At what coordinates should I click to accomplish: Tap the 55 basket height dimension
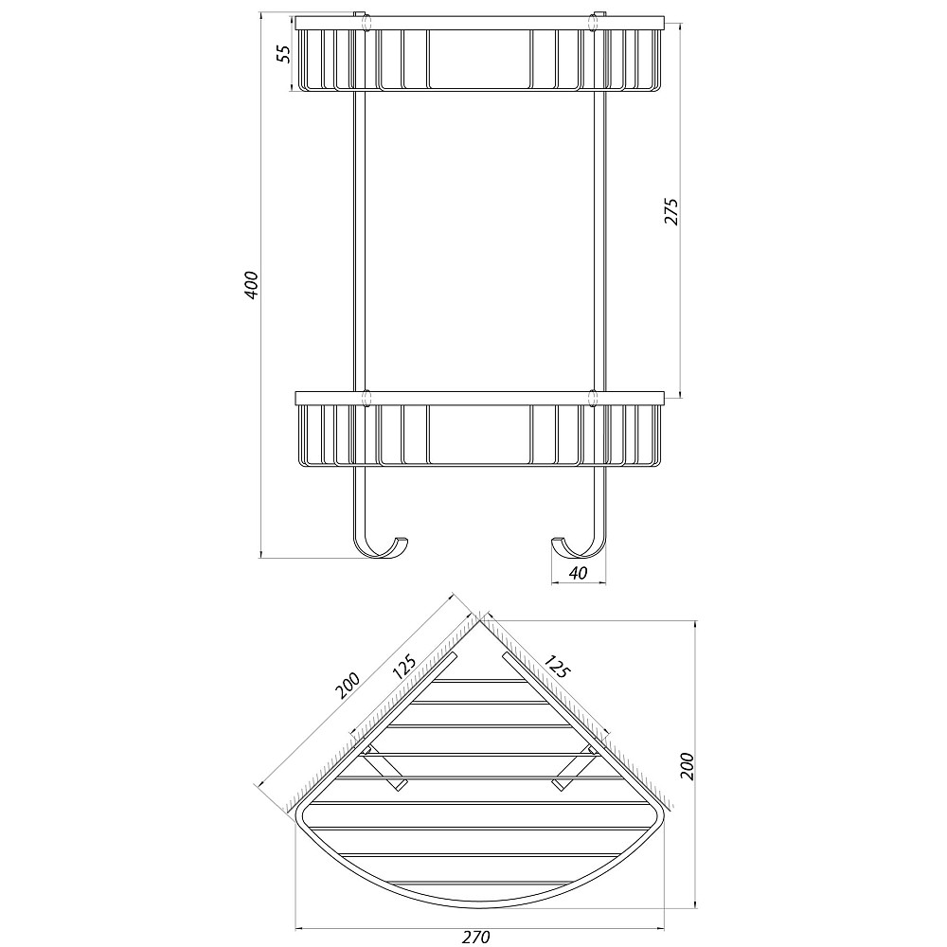[285, 54]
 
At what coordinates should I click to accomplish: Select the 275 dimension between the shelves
[671, 211]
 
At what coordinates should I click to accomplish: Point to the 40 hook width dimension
[578, 573]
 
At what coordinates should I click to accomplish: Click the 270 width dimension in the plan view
[476, 937]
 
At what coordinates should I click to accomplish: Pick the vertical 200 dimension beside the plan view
[687, 766]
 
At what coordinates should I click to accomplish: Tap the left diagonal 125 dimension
[402, 666]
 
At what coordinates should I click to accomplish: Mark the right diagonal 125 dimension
[556, 666]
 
